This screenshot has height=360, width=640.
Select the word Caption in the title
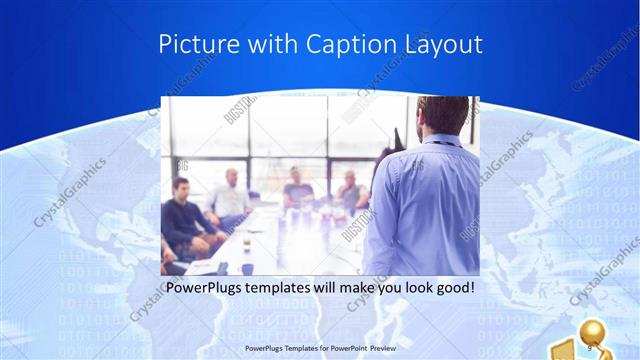pyautogui.click(x=332, y=44)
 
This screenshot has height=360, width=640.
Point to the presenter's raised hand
pyautogui.click(x=397, y=137)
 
